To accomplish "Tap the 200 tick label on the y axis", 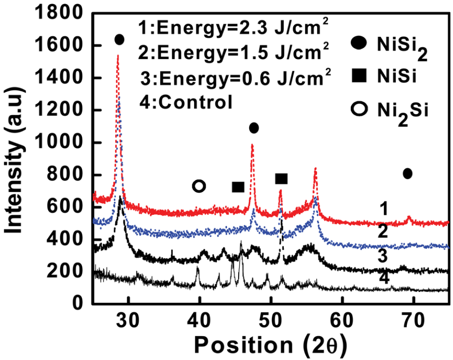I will (72, 271).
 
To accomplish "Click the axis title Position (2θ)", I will (268, 342).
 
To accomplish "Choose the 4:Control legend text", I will (186, 102).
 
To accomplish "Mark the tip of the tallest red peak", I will (118, 55).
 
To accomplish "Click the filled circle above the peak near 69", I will (407, 173).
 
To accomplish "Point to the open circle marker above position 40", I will (199, 186).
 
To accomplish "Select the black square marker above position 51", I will (281, 179).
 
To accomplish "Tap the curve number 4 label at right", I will (383, 279).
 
